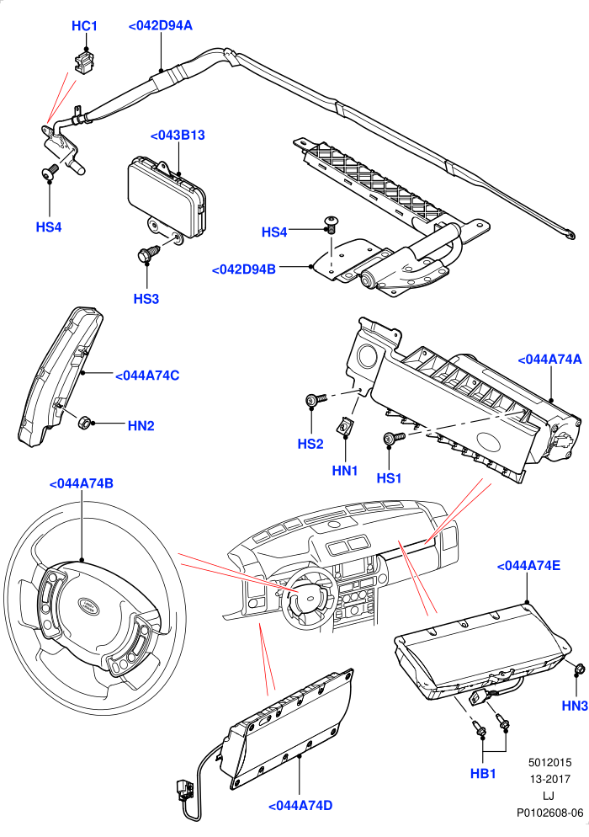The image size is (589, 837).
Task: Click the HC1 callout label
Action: tap(84, 25)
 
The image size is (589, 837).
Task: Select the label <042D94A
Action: tap(160, 25)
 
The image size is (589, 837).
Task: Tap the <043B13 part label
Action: tap(178, 135)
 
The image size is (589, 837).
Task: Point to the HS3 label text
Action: tap(146, 298)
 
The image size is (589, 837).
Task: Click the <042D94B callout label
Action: tap(244, 269)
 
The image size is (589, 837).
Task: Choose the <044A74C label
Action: tap(147, 376)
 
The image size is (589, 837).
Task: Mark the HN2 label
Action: tap(141, 425)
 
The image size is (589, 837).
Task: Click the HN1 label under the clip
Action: tap(345, 470)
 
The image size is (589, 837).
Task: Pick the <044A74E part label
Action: tap(528, 565)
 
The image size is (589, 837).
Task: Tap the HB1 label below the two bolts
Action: tap(483, 773)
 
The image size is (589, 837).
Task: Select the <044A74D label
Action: tap(300, 806)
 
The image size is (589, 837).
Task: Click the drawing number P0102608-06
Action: tap(549, 813)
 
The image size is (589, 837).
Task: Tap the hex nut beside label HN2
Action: tap(84, 423)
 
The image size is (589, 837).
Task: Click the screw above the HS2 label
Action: tap(316, 399)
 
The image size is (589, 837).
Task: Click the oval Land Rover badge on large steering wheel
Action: tap(88, 605)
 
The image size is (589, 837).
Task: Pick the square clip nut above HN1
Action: tap(344, 427)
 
